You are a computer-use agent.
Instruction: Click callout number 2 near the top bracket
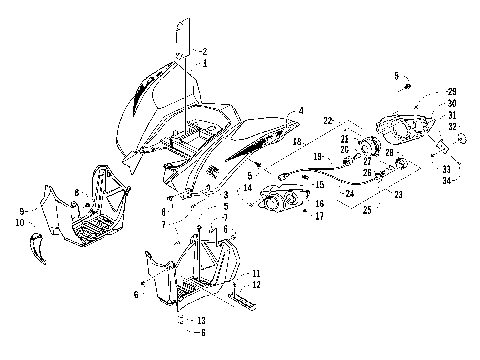(x=204, y=51)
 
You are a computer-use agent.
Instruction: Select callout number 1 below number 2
(x=204, y=62)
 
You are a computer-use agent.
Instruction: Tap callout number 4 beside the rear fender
(x=301, y=111)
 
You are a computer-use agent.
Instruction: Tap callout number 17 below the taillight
(x=320, y=215)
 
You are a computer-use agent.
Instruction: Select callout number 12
(x=256, y=284)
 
